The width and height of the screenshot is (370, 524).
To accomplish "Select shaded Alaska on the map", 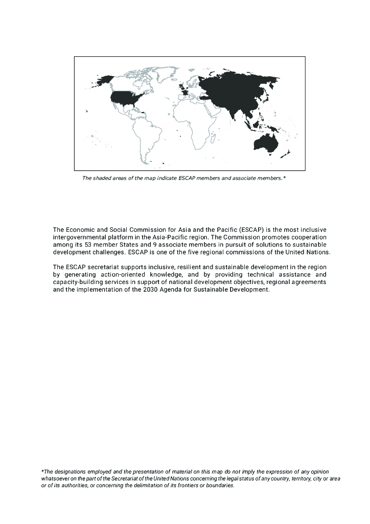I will tap(106, 79).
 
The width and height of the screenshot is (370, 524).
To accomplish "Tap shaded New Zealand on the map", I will tap(287, 152).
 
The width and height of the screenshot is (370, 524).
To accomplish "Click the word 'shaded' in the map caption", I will tap(101, 178).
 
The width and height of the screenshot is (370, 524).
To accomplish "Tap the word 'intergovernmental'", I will tap(84, 237).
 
